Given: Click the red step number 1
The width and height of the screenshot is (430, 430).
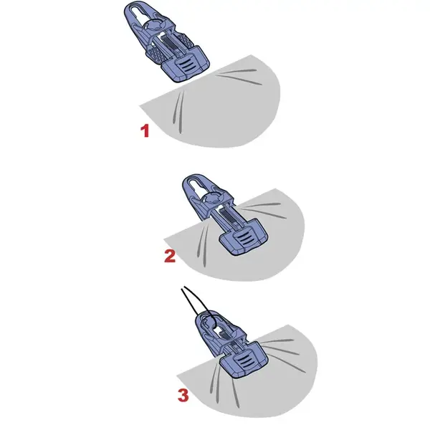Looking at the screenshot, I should [145, 131].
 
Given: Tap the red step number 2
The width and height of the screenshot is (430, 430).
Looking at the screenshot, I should [170, 256].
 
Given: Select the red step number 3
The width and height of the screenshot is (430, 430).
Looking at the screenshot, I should [183, 394].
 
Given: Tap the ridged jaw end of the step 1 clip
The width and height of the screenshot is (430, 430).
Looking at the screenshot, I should [188, 66].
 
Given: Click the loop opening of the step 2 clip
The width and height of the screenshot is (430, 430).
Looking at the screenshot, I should [196, 187].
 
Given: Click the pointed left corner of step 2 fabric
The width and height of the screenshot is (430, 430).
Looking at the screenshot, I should [166, 237].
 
